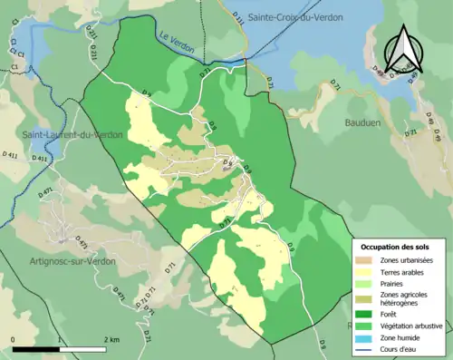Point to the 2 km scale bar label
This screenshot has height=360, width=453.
click(x=111, y=340)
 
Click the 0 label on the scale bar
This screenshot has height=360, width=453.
click(x=14, y=340)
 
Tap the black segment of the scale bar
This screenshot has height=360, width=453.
click(x=36, y=349)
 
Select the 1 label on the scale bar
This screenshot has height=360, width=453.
click(x=59, y=340)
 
